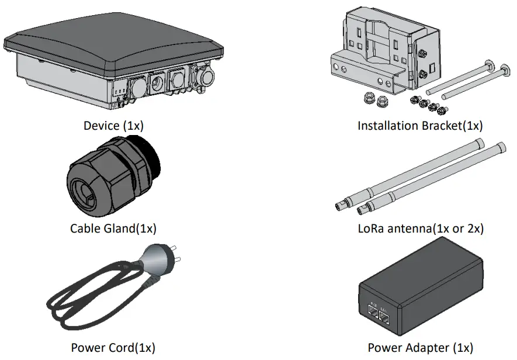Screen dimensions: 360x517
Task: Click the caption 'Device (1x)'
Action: pos(113,126)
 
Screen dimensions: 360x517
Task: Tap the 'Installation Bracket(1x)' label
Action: pos(420,126)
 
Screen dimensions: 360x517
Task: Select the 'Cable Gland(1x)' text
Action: pos(113,228)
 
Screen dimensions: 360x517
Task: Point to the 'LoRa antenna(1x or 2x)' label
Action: pos(420,228)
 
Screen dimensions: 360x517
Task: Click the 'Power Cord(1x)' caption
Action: pos(113,348)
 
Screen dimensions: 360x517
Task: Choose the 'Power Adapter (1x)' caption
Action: pos(420,348)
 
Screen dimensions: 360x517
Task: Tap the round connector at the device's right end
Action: pos(207,79)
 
